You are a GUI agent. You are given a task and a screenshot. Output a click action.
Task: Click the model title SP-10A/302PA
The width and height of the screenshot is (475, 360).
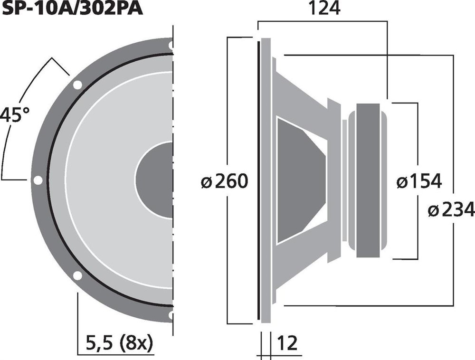pyautogui.click(x=72, y=9)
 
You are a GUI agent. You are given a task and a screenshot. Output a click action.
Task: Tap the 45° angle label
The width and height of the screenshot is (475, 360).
pyautogui.click(x=15, y=115)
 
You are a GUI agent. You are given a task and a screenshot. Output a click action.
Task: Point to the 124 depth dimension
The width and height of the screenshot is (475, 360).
pyautogui.click(x=324, y=9)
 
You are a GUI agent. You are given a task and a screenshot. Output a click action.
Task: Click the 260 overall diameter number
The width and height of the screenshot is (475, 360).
pyautogui.click(x=231, y=181)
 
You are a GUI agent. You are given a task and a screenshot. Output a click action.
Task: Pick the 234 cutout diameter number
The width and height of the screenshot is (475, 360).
pyautogui.click(x=458, y=210)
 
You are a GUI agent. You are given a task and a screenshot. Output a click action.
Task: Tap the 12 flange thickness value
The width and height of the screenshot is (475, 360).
pyautogui.click(x=287, y=343)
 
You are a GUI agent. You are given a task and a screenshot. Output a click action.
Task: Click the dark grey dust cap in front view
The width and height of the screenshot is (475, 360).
pyautogui.click(x=154, y=180)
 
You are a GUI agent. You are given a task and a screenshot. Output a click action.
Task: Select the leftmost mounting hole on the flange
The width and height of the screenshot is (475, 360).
pyautogui.click(x=38, y=180)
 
